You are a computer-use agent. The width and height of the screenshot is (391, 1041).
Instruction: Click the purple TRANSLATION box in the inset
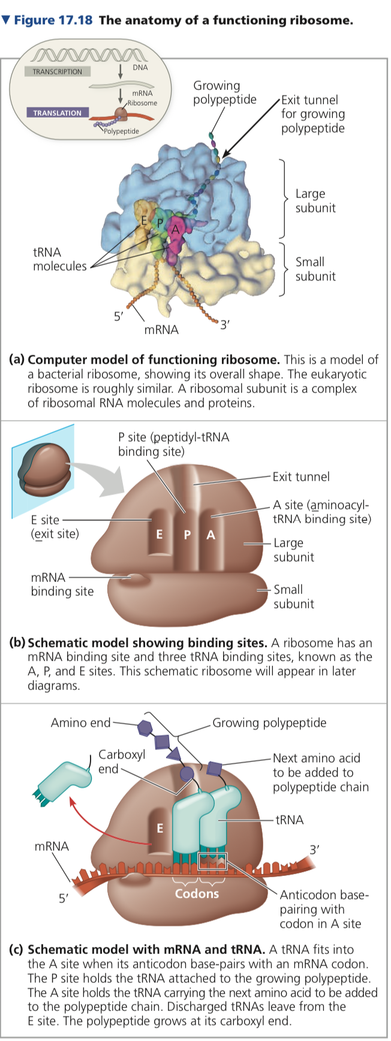58,113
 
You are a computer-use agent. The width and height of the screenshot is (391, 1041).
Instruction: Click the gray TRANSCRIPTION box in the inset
58,71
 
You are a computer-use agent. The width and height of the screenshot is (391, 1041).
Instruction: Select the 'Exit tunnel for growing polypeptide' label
312,114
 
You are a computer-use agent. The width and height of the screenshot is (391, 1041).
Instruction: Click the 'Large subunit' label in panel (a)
315,201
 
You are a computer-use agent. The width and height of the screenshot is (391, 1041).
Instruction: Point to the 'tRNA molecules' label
59,259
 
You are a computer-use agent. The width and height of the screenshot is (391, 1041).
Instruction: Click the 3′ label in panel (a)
224,325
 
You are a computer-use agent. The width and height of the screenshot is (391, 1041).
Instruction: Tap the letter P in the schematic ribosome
187,535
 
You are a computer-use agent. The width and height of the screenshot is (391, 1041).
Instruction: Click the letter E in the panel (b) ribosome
159,534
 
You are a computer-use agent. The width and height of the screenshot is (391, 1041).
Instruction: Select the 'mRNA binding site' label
62,584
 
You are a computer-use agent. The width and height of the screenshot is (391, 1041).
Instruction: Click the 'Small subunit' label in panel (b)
293,596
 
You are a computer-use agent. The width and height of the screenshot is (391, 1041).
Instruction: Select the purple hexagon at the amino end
144,728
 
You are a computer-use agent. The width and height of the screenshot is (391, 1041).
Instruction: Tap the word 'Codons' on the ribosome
197,894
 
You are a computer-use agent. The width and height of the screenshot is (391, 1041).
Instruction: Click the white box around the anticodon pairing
212,861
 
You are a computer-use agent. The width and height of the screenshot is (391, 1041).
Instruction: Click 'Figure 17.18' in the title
53,20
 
